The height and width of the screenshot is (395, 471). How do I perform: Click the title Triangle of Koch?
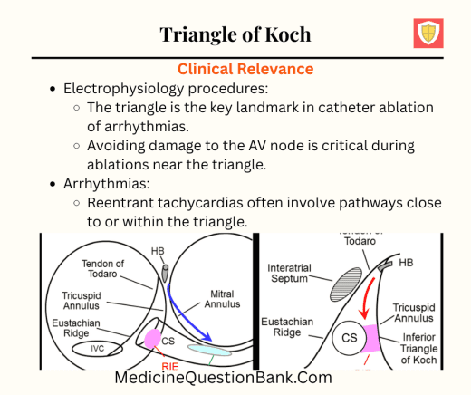pyautogui.click(x=235, y=34)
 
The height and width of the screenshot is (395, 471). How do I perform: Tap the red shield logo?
pyautogui.click(x=428, y=33)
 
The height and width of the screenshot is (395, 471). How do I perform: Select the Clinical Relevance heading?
pyautogui.click(x=245, y=69)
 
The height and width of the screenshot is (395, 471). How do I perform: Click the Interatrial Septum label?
pyautogui.click(x=296, y=274)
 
